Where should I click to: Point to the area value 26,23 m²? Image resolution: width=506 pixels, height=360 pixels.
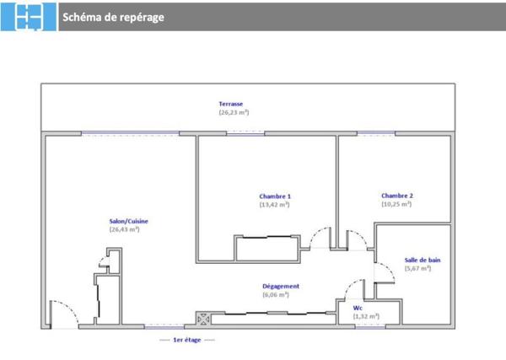[x=234, y=112]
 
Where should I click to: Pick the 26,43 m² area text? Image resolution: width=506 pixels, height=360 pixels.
[x=124, y=229]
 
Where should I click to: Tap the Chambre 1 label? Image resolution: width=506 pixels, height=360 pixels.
[x=275, y=196]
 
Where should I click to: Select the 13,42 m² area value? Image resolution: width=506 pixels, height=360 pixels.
[x=275, y=204]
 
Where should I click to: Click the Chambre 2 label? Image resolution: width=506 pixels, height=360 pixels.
[x=396, y=196]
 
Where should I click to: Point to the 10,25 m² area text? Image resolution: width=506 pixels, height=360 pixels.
[x=396, y=204]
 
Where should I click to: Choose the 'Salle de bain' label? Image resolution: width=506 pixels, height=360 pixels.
[x=423, y=261]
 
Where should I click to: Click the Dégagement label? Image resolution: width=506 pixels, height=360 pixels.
[x=281, y=287]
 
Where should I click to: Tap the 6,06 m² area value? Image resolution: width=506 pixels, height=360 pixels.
[x=276, y=295]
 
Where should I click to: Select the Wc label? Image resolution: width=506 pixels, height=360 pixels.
[x=358, y=309]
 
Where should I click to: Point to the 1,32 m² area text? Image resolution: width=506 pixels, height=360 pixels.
[x=366, y=316]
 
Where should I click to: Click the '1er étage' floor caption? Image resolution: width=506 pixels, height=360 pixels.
[x=186, y=340]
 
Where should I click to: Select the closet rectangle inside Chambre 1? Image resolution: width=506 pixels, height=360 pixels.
[x=266, y=249]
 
